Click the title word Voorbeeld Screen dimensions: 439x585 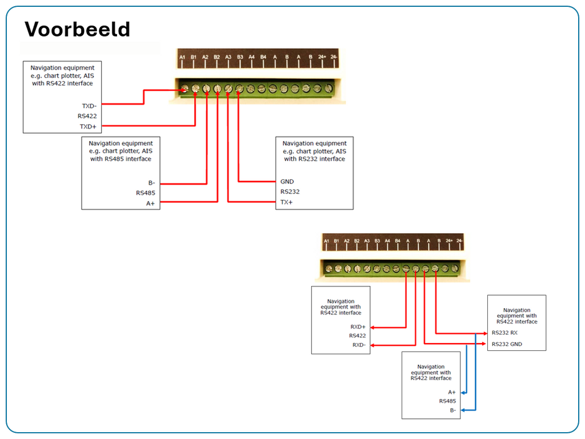[x=77, y=29]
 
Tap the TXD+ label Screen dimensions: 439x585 [x=88, y=126]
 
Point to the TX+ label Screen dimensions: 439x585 [x=286, y=202]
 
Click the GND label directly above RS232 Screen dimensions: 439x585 [x=287, y=182]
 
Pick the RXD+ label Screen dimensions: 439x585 [x=358, y=327]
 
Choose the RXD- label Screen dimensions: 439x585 [x=358, y=345]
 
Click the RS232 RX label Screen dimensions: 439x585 [x=504, y=333]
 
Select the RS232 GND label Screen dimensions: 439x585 [x=507, y=344]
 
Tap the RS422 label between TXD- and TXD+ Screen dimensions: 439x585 [x=87, y=116]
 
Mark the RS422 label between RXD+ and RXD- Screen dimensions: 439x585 [x=358, y=336]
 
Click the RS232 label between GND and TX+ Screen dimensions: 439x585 [x=290, y=192]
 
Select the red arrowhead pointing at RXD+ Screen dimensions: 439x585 [x=372, y=328]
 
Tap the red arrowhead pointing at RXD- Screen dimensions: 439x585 [x=372, y=345]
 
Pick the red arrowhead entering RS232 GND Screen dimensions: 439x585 [x=485, y=344]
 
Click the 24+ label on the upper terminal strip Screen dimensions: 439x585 [x=322, y=58]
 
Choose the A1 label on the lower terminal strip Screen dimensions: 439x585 [x=327, y=242]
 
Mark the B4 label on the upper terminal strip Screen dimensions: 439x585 [x=263, y=58]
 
